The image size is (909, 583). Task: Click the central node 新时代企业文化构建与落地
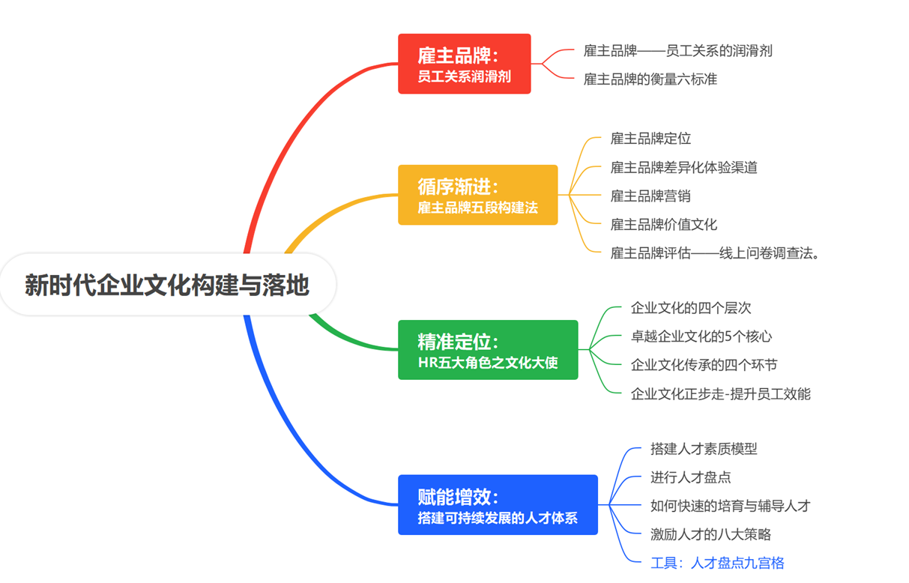(166, 286)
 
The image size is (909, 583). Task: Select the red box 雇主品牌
(464, 64)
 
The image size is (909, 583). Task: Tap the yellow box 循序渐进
(477, 195)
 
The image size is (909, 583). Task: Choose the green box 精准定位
(487, 350)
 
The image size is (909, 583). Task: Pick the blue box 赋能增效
(497, 505)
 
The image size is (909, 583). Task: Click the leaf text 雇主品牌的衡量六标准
(650, 79)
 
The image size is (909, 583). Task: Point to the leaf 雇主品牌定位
(650, 139)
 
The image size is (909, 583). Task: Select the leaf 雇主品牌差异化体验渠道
(683, 167)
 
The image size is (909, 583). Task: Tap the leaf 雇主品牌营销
(650, 196)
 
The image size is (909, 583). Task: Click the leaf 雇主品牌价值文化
(663, 224)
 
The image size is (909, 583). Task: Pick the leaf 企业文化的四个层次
(690, 308)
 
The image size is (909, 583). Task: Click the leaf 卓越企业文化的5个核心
(701, 336)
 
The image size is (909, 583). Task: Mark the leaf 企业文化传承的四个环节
(704, 365)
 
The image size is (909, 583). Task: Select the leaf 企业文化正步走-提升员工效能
(720, 393)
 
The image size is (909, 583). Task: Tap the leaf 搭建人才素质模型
(704, 449)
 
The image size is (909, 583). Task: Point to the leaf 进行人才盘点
(690, 477)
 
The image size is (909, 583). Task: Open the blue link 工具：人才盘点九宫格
(717, 563)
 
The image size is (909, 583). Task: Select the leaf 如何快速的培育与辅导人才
(730, 506)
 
